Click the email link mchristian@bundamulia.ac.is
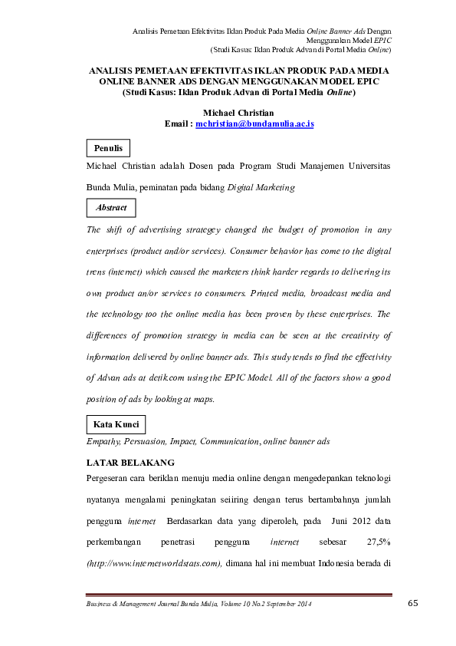point(255,124)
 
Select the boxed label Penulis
point(108,148)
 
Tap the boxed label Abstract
point(111,208)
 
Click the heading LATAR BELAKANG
point(130,463)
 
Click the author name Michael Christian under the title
point(238,113)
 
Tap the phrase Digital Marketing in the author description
point(261,187)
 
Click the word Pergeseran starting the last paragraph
point(113,479)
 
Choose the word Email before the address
point(177,124)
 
